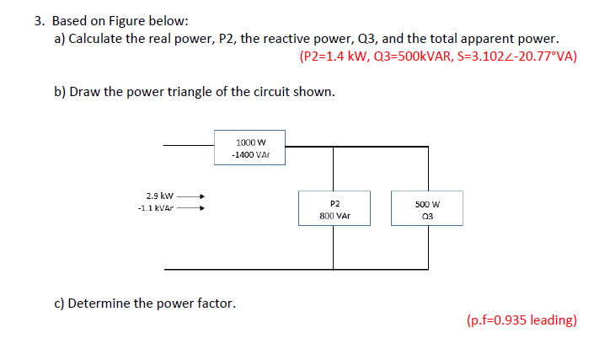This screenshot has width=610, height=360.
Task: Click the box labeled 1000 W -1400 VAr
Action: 250,148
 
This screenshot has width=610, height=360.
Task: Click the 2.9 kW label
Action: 159,195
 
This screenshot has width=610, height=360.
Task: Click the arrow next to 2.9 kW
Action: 190,195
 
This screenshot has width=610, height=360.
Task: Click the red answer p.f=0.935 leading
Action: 521,320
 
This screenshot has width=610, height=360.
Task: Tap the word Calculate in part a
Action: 100,39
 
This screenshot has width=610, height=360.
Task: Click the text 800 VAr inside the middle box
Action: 334,216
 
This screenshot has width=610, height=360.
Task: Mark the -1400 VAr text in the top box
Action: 250,155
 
